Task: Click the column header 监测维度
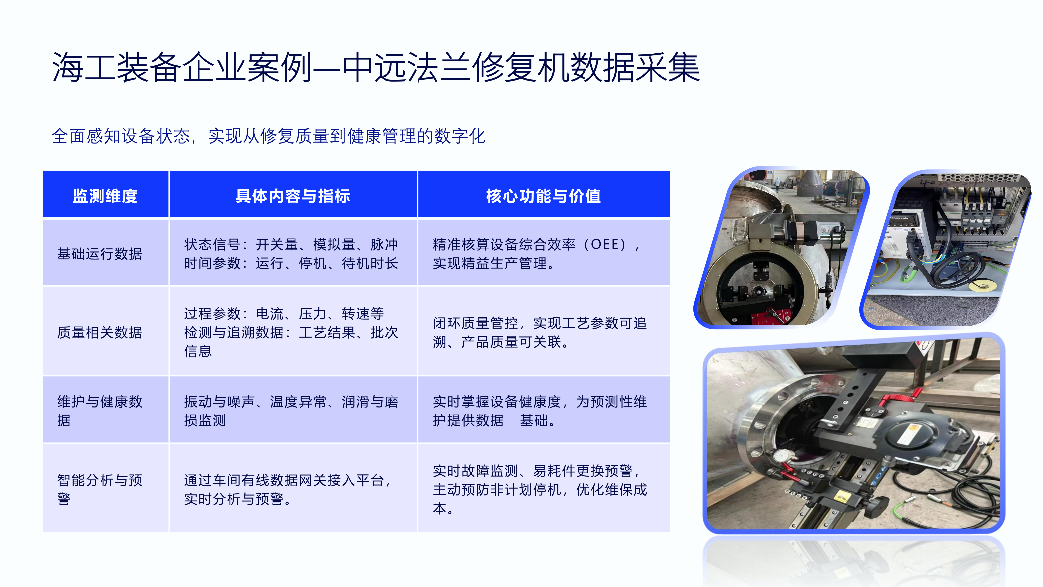click(105, 196)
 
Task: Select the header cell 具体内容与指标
click(293, 196)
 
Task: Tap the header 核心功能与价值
click(543, 196)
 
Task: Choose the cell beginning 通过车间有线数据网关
click(287, 489)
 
